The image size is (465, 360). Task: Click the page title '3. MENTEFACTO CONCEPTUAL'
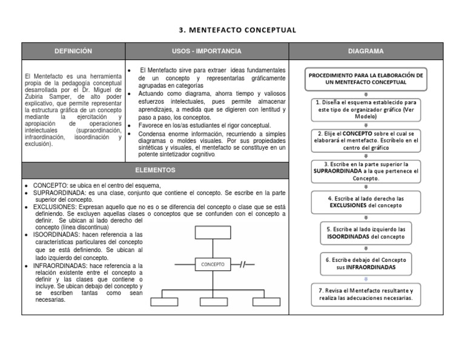[x=237, y=30]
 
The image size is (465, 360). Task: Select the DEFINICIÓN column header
[x=73, y=51]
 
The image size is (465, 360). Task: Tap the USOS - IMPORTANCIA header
[x=206, y=51]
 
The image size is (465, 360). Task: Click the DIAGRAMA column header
[x=365, y=51]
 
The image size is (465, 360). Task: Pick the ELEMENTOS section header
[x=155, y=170]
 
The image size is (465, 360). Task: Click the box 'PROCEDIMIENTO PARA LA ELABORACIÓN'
[x=366, y=79]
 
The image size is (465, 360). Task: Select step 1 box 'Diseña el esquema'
[x=366, y=110]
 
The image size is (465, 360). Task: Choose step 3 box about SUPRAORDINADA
[x=366, y=172]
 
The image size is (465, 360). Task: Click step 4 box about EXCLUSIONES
[x=366, y=202]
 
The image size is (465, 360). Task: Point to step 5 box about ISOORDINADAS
[x=366, y=233]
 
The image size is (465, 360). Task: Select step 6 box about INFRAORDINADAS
[x=366, y=264]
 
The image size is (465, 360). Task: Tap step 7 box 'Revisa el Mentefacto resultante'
[x=366, y=295]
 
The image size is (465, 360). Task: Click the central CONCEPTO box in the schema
[x=213, y=264]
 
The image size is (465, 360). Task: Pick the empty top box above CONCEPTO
[x=213, y=233]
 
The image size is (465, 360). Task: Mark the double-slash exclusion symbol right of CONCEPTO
[x=245, y=264]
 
